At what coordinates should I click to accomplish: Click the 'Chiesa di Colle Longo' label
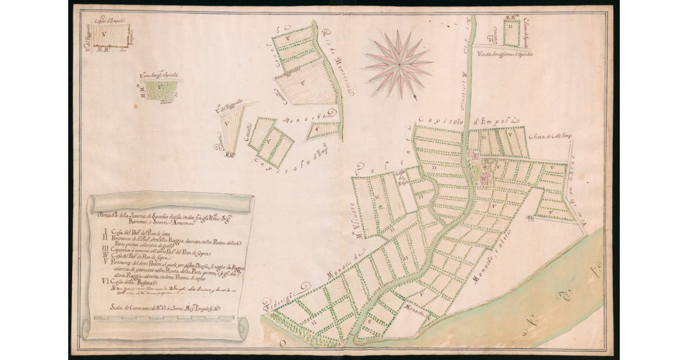coord(551,136)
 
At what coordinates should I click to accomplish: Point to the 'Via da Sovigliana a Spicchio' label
coord(504,54)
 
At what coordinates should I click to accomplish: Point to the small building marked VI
coord(530,218)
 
